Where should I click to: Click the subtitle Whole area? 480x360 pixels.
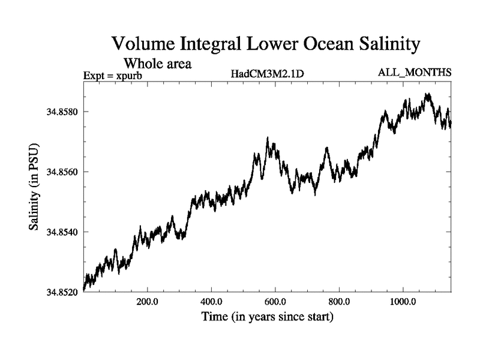coord(157,62)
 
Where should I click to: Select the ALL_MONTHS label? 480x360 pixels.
coord(414,73)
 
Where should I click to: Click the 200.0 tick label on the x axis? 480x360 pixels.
coord(146,302)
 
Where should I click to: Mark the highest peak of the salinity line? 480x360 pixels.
coord(427,94)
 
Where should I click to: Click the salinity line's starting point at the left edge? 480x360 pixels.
coord(83,288)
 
